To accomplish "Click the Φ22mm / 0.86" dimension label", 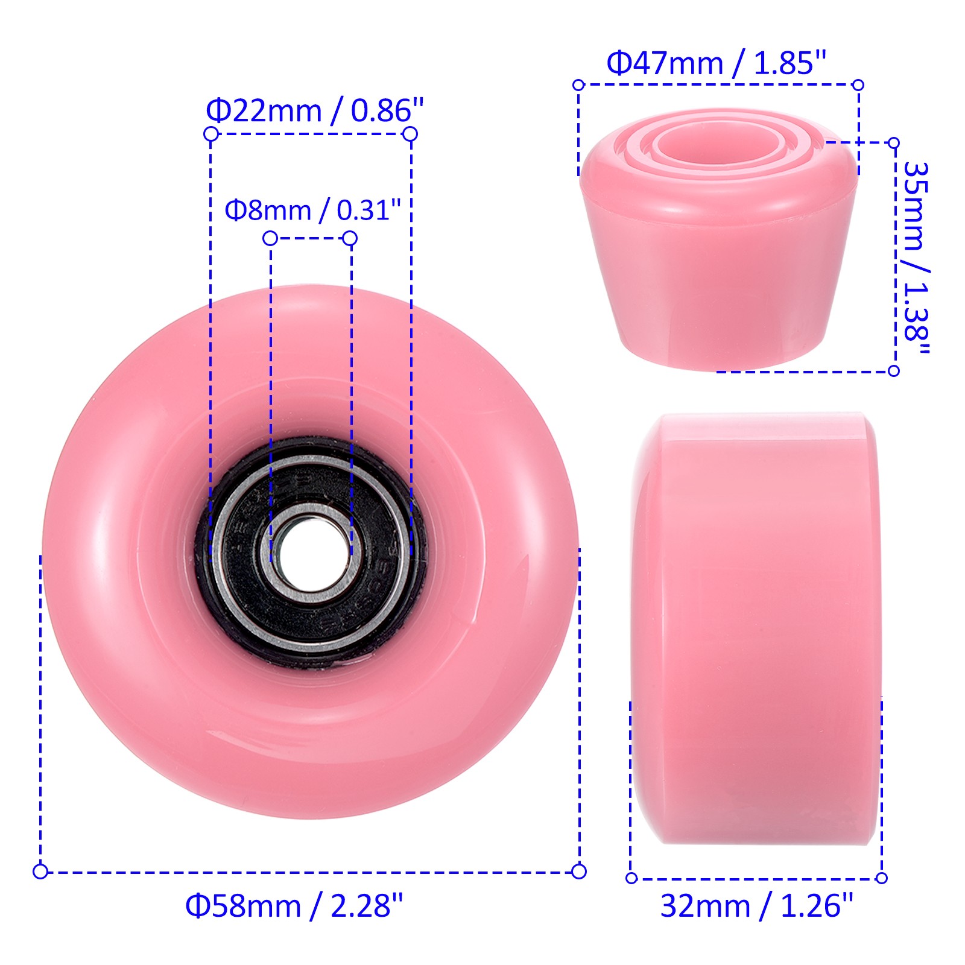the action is tap(315, 110).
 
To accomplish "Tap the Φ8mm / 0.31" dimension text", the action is tap(312, 210).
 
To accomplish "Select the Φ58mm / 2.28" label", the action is tap(294, 905).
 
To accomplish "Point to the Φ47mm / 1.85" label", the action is tap(716, 63).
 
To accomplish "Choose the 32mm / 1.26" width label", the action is tap(757, 905).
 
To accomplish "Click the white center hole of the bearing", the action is tap(311, 552).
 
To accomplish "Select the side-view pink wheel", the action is tap(755, 628).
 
